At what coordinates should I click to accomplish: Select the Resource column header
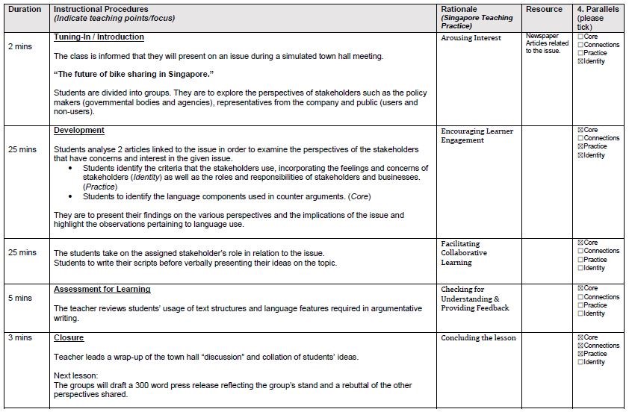pyautogui.click(x=543, y=8)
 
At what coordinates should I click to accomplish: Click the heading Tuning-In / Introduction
pyautogui.click(x=99, y=37)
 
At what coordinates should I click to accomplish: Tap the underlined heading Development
pyautogui.click(x=79, y=130)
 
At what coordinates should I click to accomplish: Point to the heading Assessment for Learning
pyautogui.click(x=102, y=289)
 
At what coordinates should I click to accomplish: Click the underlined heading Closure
pyautogui.click(x=69, y=337)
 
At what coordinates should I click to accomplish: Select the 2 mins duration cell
pyautogui.click(x=20, y=46)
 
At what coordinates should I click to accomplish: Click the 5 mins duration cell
pyautogui.click(x=20, y=299)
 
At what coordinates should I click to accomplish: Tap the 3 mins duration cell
pyautogui.click(x=20, y=338)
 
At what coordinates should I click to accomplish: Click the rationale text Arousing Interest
pyautogui.click(x=471, y=37)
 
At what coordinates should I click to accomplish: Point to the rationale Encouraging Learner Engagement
pyautogui.click(x=477, y=135)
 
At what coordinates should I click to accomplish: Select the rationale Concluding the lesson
pyautogui.click(x=478, y=338)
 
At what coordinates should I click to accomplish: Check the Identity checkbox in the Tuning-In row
pyautogui.click(x=580, y=61)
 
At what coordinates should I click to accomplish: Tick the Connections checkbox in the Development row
pyautogui.click(x=580, y=138)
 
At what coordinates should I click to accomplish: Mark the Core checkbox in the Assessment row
pyautogui.click(x=580, y=288)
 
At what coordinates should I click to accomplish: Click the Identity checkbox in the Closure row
pyautogui.click(x=580, y=362)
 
